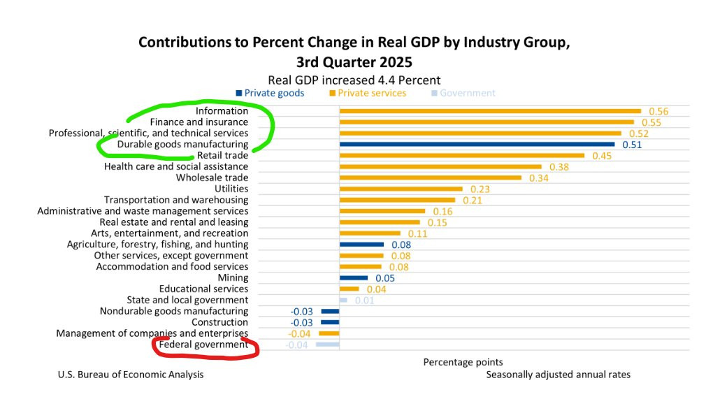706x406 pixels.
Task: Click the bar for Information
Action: [489, 110]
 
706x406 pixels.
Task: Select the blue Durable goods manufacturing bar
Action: [477, 145]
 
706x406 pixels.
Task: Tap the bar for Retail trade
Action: [461, 155]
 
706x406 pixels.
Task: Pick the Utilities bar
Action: [401, 189]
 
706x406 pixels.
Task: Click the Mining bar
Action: [353, 277]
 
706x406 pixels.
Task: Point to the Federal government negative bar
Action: [327, 345]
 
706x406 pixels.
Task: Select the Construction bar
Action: [330, 322]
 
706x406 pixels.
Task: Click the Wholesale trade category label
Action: [212, 177]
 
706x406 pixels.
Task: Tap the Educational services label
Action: [203, 289]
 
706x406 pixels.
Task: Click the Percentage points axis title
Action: [463, 362]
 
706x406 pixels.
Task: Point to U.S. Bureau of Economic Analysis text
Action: [131, 375]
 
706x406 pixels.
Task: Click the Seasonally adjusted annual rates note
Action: [558, 375]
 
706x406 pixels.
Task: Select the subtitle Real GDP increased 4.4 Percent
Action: [354, 80]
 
